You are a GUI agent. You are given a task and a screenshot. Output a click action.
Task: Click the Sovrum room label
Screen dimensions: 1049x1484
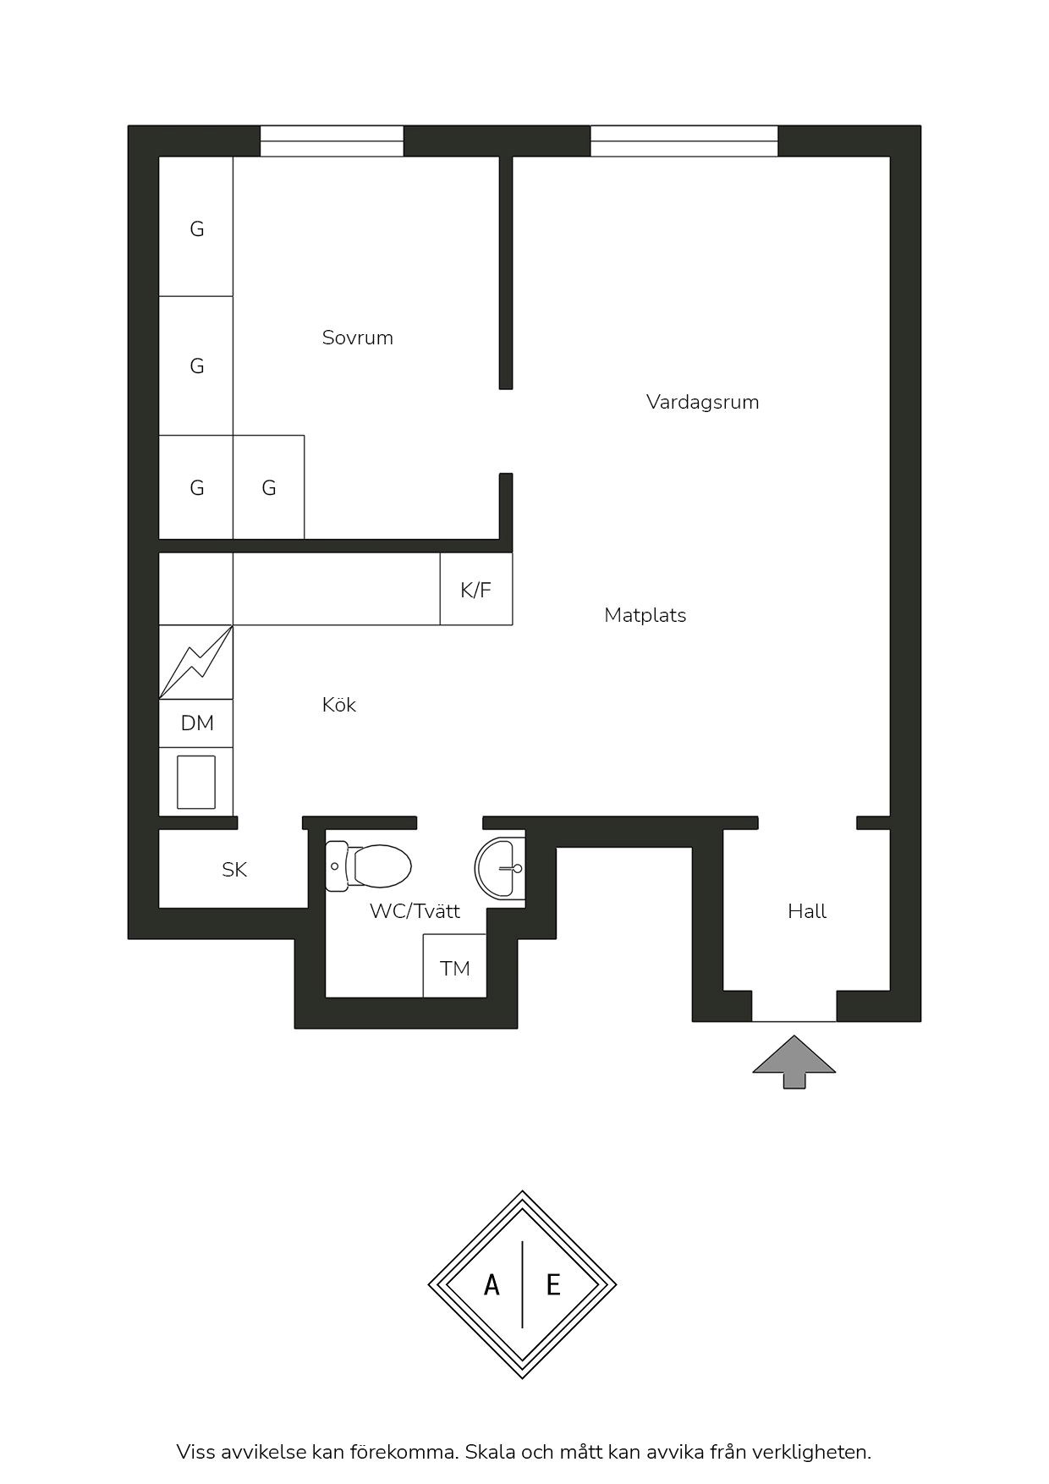[358, 338]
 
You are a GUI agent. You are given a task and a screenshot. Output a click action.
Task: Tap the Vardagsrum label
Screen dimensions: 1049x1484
[702, 402]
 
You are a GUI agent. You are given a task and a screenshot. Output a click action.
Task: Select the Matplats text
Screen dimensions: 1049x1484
[645, 615]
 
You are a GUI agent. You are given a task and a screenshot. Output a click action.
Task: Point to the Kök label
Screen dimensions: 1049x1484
[339, 705]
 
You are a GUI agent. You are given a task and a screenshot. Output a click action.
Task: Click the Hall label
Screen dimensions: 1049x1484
[807, 911]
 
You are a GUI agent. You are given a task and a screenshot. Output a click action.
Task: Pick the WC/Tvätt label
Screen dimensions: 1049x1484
[415, 911]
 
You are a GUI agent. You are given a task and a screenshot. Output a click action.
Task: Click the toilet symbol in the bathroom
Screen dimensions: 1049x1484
[369, 866]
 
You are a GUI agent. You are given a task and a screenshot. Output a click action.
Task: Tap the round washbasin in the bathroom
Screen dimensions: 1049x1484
[500, 868]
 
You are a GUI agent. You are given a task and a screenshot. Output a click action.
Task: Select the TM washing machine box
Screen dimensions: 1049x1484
[455, 965]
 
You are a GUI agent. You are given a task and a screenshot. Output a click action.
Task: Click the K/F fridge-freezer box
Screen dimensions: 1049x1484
[476, 589]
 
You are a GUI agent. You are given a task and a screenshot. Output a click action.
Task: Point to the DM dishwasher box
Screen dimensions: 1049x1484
[196, 723]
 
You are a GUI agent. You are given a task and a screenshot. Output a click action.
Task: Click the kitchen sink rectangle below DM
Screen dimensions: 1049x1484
[196, 783]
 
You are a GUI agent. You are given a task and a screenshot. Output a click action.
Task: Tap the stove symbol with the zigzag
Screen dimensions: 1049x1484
[196, 662]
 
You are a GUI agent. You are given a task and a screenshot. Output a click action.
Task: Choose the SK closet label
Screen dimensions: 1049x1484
[234, 870]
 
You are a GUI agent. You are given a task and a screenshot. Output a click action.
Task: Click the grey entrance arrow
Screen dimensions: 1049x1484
[794, 1062]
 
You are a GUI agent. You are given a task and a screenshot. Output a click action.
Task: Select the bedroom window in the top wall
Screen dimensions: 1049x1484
[332, 141]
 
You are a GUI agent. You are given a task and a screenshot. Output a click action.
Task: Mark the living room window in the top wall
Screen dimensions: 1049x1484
[684, 141]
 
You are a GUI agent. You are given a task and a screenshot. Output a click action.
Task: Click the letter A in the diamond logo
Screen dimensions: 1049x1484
[492, 1285]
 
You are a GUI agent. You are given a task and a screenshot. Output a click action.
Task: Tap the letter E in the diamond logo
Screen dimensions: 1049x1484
[553, 1285]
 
